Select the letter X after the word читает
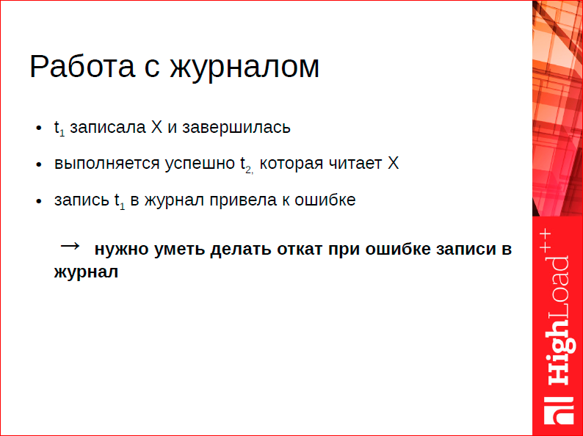click(x=393, y=163)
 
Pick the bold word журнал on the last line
click(x=85, y=272)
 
